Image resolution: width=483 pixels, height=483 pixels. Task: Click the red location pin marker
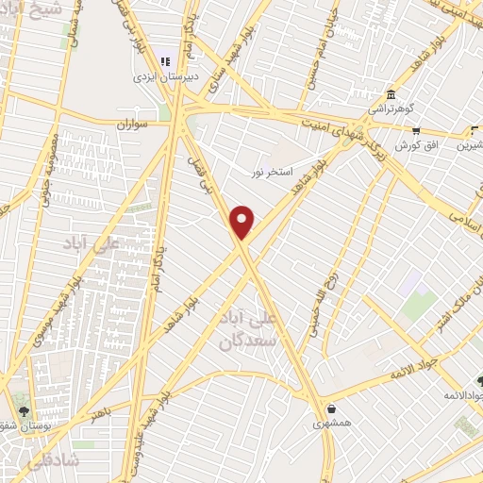click(x=243, y=222)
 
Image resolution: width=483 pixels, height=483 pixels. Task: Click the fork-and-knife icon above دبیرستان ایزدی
click(x=167, y=60)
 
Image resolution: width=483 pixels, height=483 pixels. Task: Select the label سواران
click(x=135, y=125)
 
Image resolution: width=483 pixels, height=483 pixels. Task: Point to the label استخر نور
click(x=273, y=171)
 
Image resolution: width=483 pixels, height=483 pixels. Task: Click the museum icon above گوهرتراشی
click(x=391, y=94)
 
